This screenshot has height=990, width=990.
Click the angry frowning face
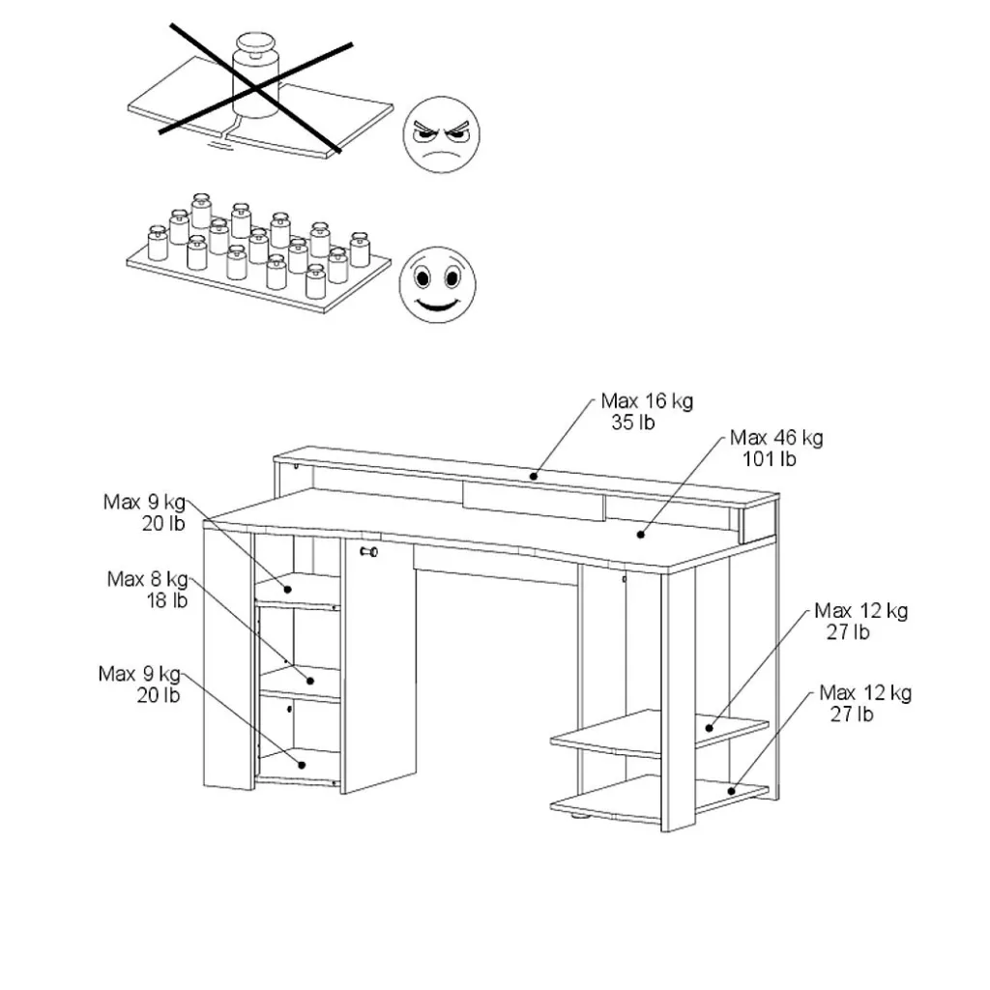click(x=441, y=134)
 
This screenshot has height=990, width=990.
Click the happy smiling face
click(x=438, y=285)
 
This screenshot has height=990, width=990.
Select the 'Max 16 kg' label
click(x=647, y=401)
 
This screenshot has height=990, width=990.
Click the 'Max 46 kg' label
click(x=776, y=438)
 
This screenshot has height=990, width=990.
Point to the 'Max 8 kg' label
click(x=147, y=578)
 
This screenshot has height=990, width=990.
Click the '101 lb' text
click(x=769, y=459)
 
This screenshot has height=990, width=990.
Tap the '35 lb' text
click(x=632, y=422)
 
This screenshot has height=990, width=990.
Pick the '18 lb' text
click(x=166, y=599)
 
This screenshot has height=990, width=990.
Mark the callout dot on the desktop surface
click(x=641, y=535)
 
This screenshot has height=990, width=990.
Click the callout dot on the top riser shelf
click(x=534, y=476)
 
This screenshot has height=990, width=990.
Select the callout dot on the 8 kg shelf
click(x=310, y=681)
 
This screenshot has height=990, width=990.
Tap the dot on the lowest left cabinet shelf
click(x=302, y=765)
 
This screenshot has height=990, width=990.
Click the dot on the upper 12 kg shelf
click(x=709, y=728)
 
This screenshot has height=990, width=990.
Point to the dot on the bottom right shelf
click(x=732, y=791)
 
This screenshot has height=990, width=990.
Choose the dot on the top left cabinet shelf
click(x=287, y=589)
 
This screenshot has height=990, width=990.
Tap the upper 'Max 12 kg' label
click(x=860, y=611)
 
